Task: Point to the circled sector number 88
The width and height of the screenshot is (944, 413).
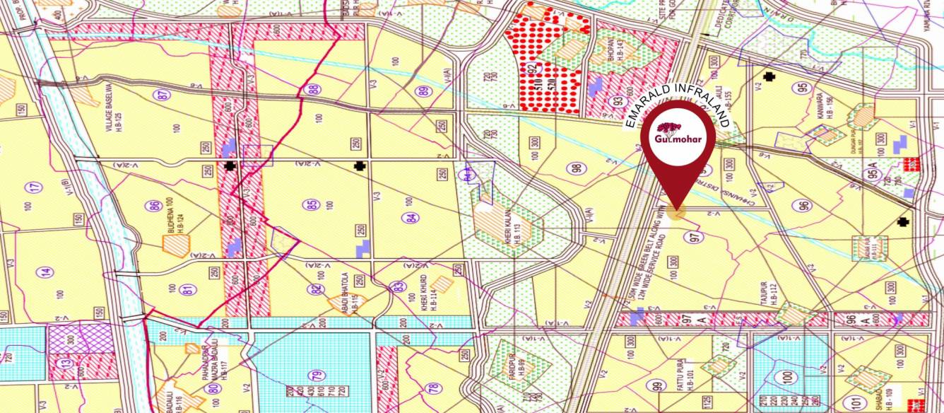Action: click(x=313, y=90)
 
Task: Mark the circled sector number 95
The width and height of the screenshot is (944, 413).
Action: click(x=801, y=88)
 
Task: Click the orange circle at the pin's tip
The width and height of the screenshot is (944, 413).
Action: click(x=677, y=211)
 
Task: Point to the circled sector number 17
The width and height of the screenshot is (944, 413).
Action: click(x=33, y=188)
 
